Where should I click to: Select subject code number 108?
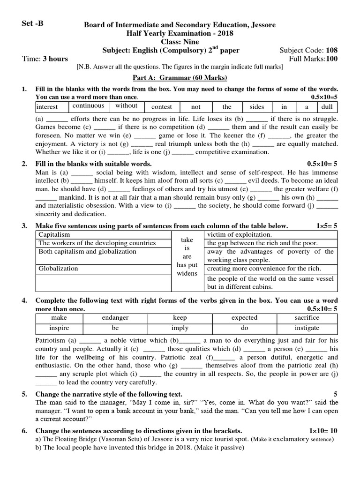pyautogui.click(x=331, y=50)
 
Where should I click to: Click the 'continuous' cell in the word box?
pyautogui.click(x=88, y=106)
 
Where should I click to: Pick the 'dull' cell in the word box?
pyautogui.click(x=326, y=107)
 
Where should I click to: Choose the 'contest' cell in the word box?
pyautogui.click(x=162, y=107)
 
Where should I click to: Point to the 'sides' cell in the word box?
pyautogui.click(x=257, y=107)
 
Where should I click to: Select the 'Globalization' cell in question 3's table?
pyautogui.click(x=58, y=269)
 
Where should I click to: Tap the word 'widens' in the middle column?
pyautogui.click(x=187, y=273)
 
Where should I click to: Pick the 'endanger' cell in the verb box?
pyautogui.click(x=115, y=318)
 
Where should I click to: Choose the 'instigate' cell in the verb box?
pyautogui.click(x=307, y=328)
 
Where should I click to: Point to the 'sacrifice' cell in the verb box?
pyautogui.click(x=307, y=318)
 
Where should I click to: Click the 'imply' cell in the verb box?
pyautogui.click(x=180, y=328)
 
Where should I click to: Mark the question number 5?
pyautogui.click(x=24, y=394)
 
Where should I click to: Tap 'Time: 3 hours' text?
pyautogui.click(x=45, y=59)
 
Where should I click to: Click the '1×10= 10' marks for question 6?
pyautogui.click(x=323, y=430)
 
